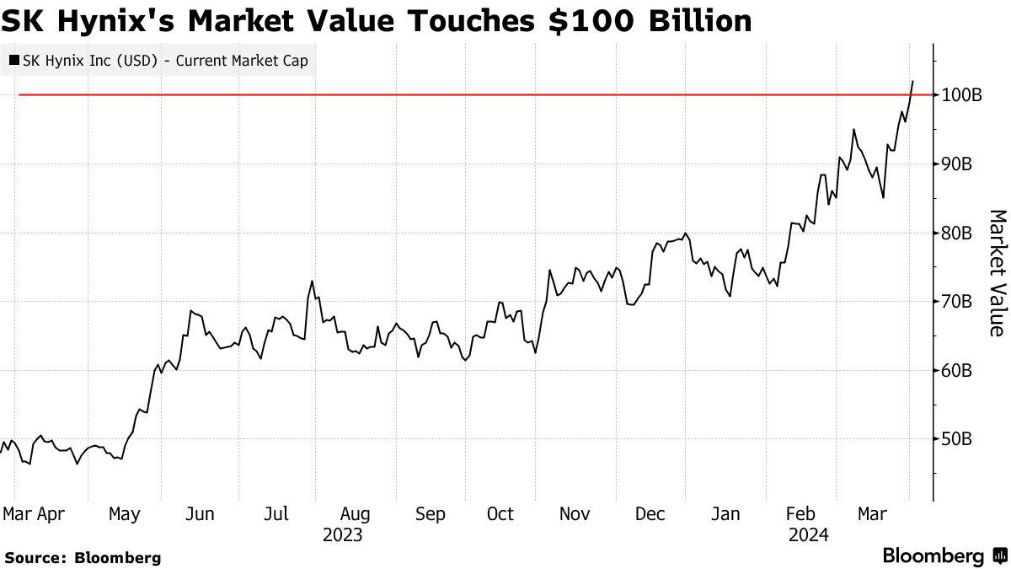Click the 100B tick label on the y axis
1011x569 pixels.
click(961, 95)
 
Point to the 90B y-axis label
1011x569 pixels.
click(957, 164)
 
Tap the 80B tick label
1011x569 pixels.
click(957, 234)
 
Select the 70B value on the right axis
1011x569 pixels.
click(957, 302)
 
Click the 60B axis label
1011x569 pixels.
click(957, 371)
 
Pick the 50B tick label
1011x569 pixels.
click(957, 439)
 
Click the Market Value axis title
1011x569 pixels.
click(997, 272)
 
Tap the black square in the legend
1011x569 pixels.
click(14, 61)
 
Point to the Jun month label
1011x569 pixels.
click(200, 513)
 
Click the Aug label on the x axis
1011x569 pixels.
click(355, 513)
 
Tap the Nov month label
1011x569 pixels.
click(575, 513)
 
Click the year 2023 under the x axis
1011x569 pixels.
click(342, 535)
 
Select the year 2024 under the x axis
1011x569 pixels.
click(809, 535)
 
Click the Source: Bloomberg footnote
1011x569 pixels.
click(82, 557)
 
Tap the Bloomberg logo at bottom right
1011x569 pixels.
click(944, 556)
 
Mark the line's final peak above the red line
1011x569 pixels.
click(913, 81)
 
